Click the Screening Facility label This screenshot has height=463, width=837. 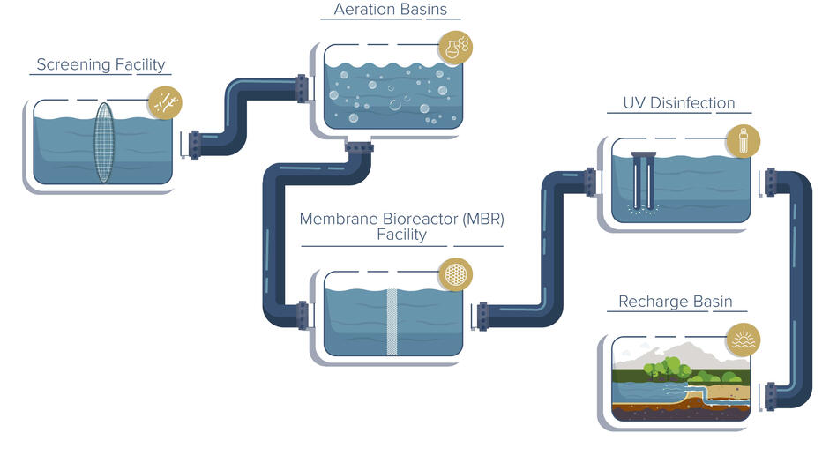(100, 64)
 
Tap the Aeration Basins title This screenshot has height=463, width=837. (390, 11)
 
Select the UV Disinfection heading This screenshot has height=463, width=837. (678, 103)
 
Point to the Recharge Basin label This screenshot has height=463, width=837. (675, 302)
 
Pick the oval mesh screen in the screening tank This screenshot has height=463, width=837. (103, 143)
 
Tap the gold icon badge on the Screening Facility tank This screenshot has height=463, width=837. (163, 102)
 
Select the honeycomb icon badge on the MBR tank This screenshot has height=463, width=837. (455, 273)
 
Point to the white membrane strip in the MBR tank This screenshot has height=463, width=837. (393, 321)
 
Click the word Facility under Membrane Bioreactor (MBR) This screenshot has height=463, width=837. (401, 235)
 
